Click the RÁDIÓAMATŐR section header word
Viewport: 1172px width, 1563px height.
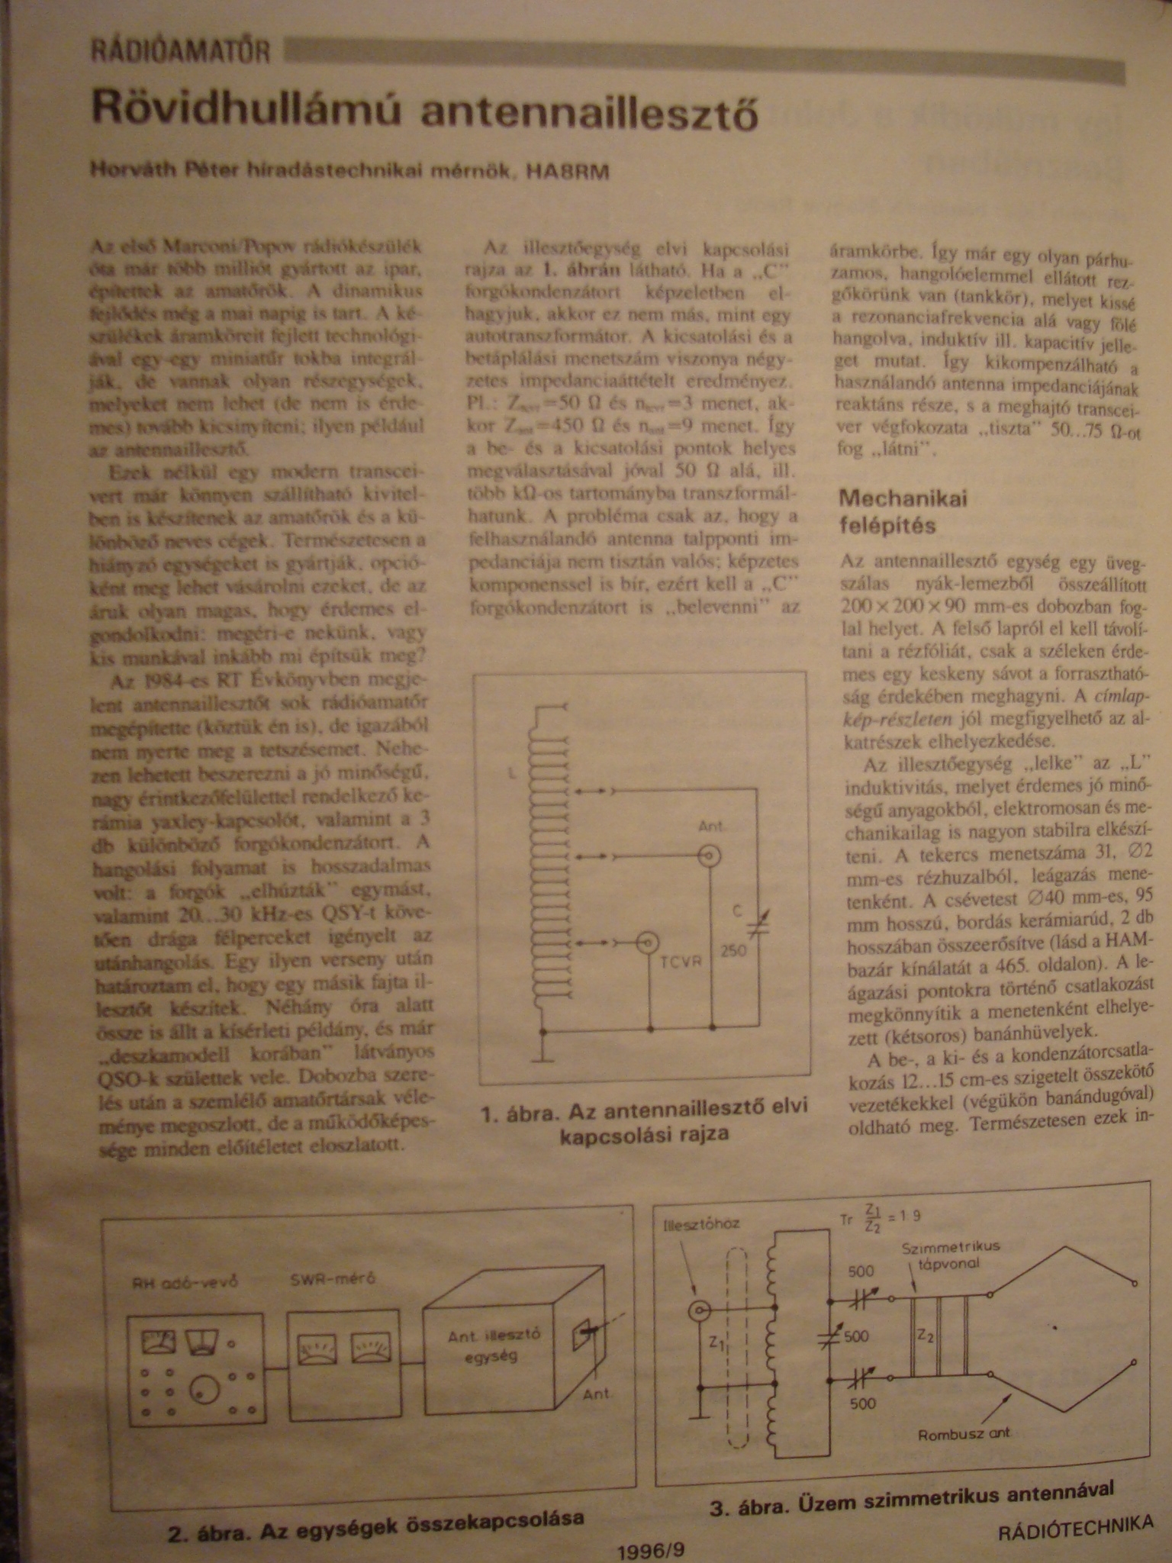(x=181, y=52)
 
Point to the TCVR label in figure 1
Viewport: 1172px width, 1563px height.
(x=681, y=962)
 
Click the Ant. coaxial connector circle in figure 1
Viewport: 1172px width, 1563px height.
(x=710, y=856)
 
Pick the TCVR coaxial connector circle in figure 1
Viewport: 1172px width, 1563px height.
(x=649, y=943)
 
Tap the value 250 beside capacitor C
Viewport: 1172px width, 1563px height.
(x=734, y=951)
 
